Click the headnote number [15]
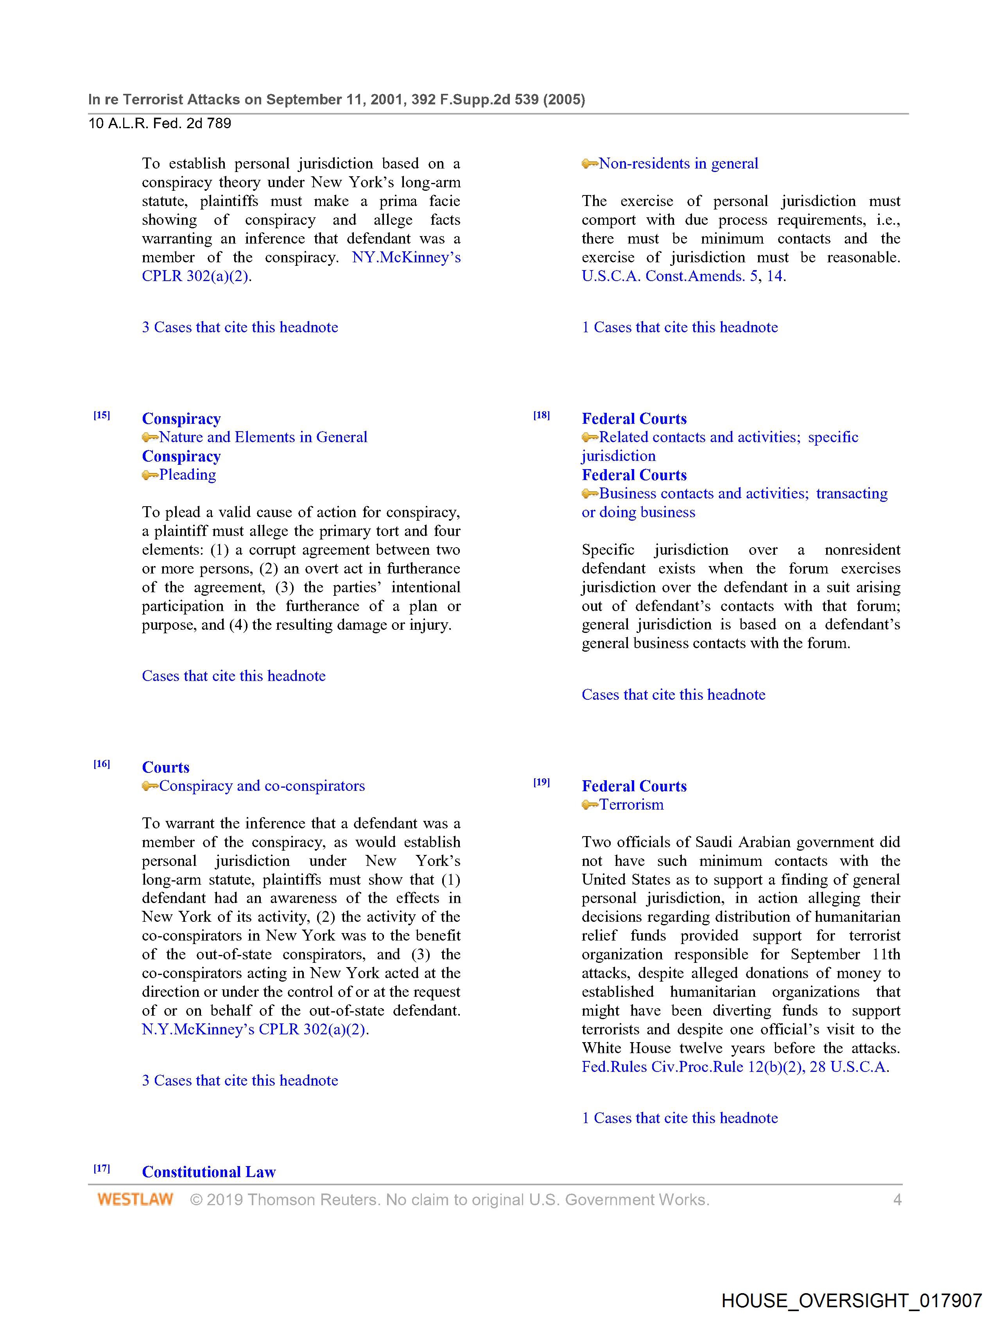[102, 416]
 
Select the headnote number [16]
[102, 764]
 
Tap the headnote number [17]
[102, 1168]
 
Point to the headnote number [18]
[542, 416]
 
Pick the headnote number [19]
[542, 782]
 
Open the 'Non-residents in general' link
[678, 164]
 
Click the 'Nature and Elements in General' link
[263, 437]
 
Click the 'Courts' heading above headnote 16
[165, 767]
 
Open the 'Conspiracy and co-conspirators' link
[262, 786]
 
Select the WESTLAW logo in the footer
[135, 1200]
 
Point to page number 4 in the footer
[897, 1200]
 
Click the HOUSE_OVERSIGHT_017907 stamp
[851, 1300]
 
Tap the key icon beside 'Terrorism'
[590, 805]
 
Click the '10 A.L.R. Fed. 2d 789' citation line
[160, 123]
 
